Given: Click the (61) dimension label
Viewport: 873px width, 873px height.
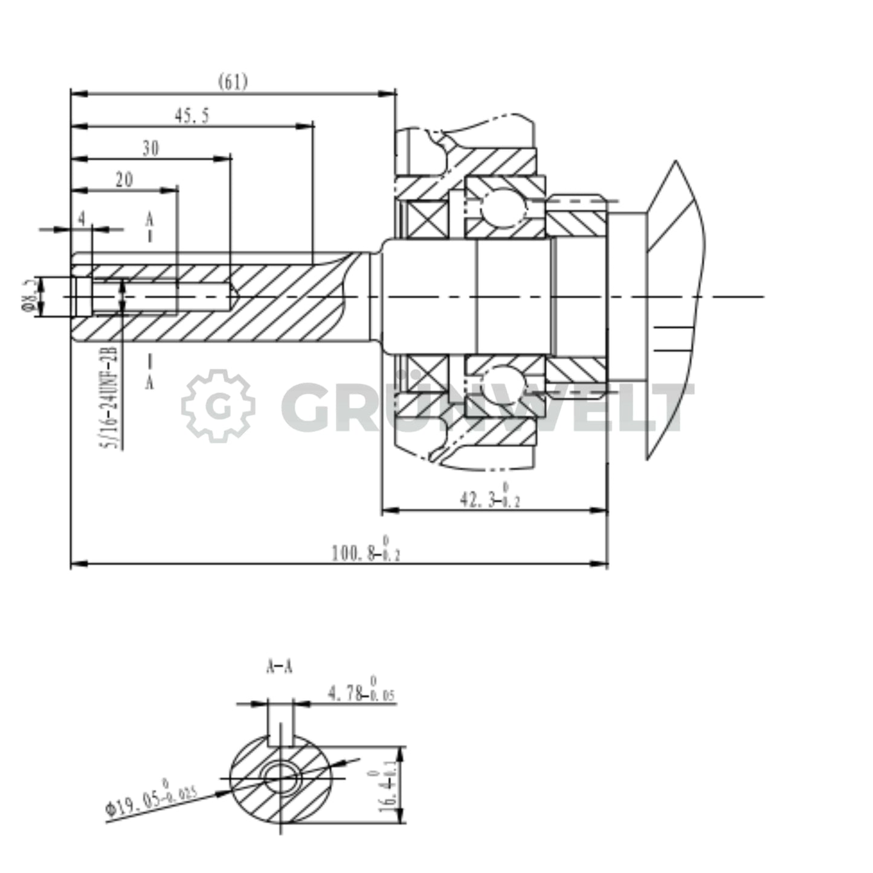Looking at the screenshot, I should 233,82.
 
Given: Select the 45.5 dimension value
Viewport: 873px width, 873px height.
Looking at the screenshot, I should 192,116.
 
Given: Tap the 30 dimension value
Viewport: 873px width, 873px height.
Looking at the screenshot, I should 150,149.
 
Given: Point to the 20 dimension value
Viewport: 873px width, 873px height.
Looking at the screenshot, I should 124,180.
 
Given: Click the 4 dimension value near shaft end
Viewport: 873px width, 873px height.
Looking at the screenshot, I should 82,219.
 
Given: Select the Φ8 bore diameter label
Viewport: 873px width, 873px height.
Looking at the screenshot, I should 28,296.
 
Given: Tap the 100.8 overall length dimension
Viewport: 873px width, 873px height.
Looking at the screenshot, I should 366,551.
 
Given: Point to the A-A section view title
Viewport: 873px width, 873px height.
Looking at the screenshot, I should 279,667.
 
